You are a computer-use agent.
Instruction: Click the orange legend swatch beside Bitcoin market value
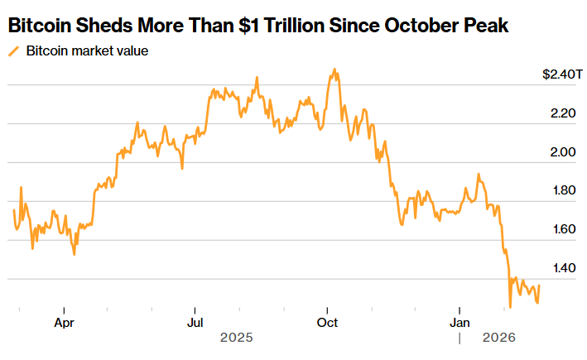13,51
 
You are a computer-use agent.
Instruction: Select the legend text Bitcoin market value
87,51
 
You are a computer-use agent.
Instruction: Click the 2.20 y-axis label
563,113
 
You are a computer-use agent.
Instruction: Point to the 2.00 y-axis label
563,152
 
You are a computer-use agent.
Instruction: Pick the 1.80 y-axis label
563,191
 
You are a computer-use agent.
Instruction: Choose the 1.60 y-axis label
563,230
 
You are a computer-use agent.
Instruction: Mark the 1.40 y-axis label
563,269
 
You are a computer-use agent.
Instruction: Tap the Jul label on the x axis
195,322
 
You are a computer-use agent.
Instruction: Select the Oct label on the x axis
328,322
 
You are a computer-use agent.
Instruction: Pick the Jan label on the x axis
460,322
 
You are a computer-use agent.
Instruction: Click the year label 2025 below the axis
236,338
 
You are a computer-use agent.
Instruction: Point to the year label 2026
499,338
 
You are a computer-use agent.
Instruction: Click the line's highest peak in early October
334,70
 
